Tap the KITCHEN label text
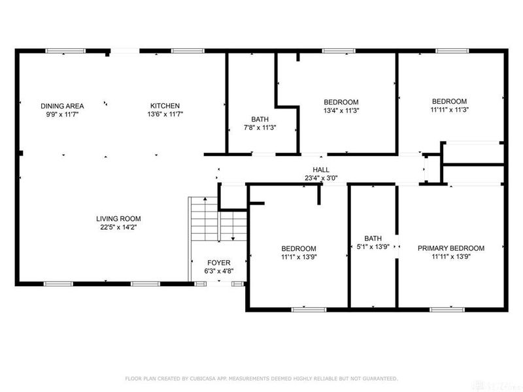[x=165, y=106]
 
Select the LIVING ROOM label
[x=118, y=219]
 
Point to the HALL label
[x=320, y=169]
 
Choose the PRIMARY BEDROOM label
[x=451, y=248]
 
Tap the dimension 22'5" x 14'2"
[x=118, y=227]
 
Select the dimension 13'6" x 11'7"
[x=165, y=114]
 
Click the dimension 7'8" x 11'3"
[x=260, y=127]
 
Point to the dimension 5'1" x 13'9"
[x=373, y=247]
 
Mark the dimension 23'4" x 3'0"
[x=320, y=177]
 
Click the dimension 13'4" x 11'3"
[x=341, y=110]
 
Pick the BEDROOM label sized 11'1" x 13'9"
[x=299, y=248]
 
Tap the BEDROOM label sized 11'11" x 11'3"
[x=449, y=101]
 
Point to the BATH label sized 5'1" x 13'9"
[x=373, y=238]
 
